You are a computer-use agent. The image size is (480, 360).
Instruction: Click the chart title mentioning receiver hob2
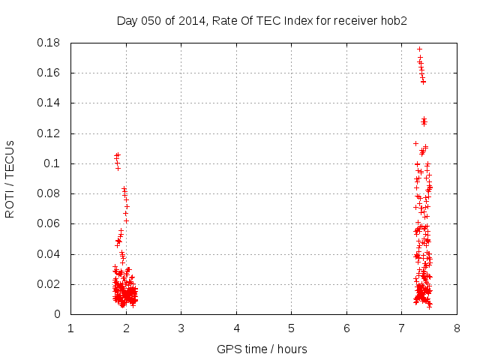pos(262,21)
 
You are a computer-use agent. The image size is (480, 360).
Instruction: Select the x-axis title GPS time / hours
pos(262,349)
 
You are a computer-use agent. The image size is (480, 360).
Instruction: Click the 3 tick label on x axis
pos(181,328)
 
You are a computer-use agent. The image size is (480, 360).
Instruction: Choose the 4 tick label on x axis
pos(236,328)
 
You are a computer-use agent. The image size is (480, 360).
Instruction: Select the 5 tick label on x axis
pos(292,328)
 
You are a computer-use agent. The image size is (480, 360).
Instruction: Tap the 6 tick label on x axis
pos(346,328)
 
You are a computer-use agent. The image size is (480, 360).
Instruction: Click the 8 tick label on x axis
pos(457,328)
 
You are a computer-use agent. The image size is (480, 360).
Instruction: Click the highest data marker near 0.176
pos(419,49)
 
